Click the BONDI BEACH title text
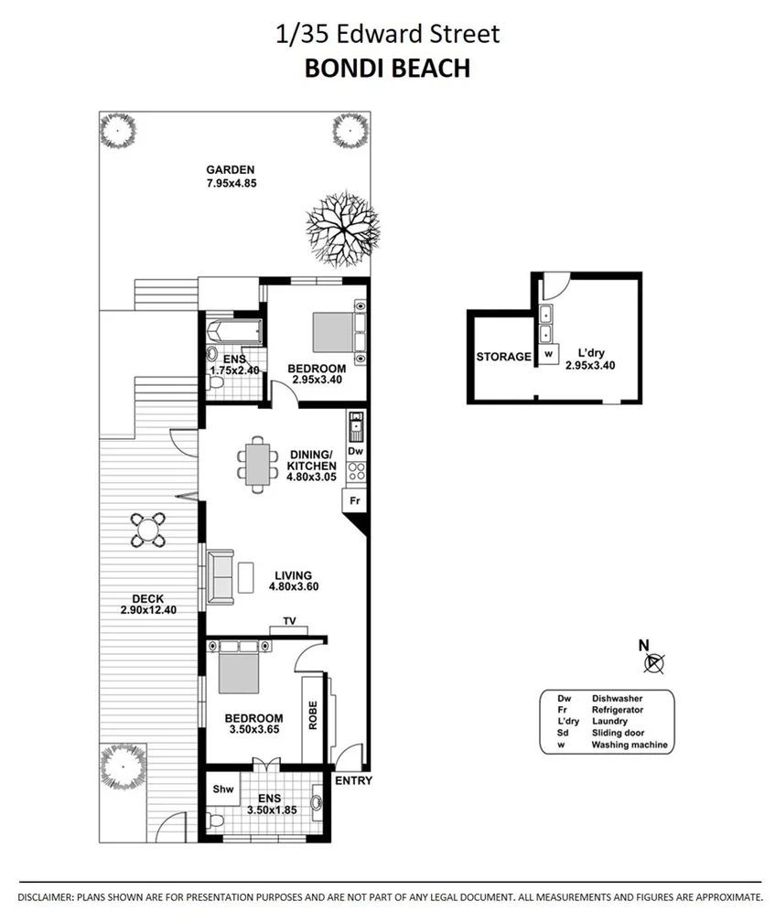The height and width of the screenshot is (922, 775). coord(387,68)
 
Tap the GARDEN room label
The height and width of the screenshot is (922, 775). coord(230,169)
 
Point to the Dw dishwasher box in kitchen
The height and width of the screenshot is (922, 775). coord(356,451)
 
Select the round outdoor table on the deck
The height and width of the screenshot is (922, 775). coord(147,529)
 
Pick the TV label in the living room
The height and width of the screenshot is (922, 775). coord(289,621)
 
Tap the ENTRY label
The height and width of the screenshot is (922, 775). coord(353,780)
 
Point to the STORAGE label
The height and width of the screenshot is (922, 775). coord(503,357)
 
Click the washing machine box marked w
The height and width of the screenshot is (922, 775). coord(548,353)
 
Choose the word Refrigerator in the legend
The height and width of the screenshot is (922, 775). coord(618,710)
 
